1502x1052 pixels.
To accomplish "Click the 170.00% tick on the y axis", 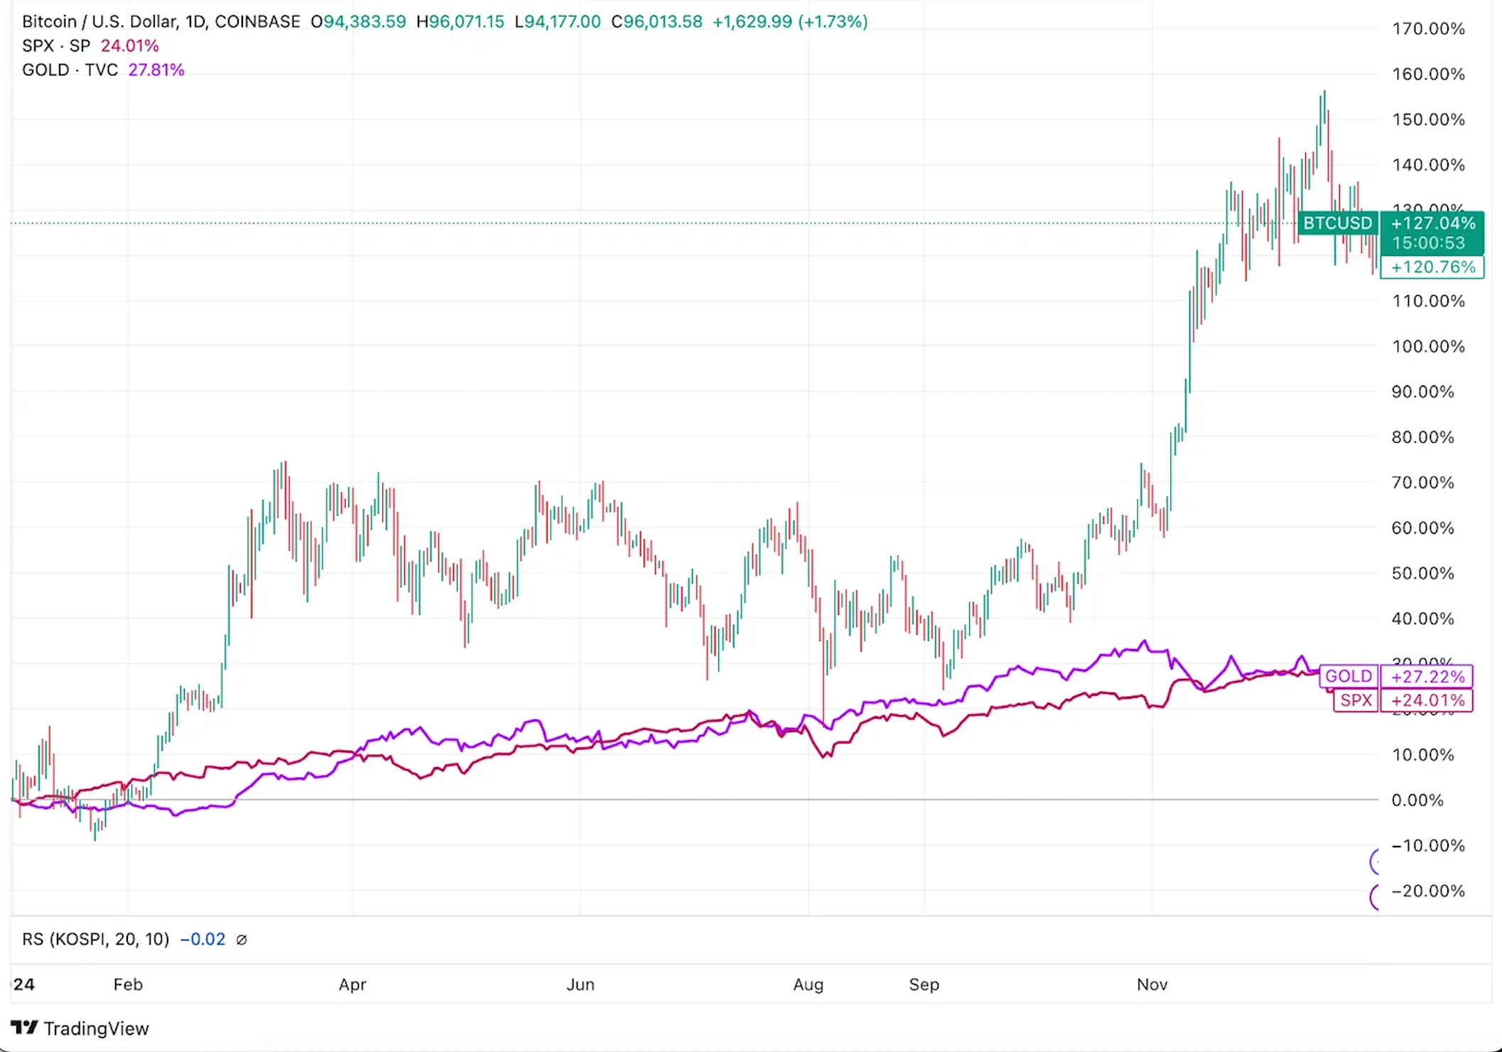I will [1428, 29].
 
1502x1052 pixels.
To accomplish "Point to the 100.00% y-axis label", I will [1428, 347].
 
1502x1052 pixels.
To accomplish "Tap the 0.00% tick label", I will [1417, 800].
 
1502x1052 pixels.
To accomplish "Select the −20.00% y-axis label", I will [1428, 891].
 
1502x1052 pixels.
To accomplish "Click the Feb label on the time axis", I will [128, 984].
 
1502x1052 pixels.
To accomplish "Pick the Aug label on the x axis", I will [808, 984].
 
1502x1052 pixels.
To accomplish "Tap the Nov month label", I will [1152, 984].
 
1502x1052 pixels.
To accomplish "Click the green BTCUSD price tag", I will [1337, 223].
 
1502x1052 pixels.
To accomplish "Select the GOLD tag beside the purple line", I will [1348, 676].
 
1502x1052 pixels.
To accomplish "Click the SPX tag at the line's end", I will [1356, 700].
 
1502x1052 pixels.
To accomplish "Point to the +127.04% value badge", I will [1432, 223].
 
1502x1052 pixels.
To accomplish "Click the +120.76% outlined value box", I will [1432, 267].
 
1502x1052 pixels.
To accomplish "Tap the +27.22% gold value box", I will [1427, 676].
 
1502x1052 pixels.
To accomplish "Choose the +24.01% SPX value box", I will [1427, 700].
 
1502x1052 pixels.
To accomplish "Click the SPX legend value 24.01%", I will [130, 46].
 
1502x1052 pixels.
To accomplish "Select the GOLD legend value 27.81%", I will [156, 70].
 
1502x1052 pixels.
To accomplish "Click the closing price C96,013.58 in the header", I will [657, 22].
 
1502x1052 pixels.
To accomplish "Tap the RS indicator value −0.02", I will [202, 940].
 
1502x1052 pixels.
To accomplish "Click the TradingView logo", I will [80, 1029].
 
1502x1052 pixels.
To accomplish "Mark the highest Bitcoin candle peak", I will [1324, 92].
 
